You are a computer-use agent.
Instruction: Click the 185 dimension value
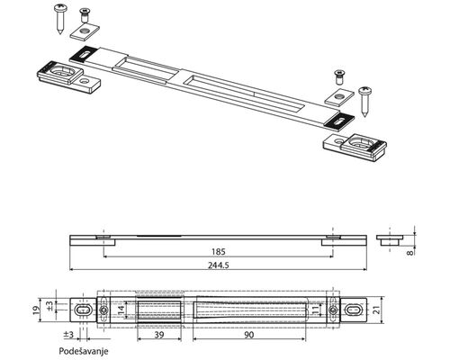(x=218, y=252)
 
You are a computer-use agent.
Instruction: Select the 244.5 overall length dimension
(x=218, y=265)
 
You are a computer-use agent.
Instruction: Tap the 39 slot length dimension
(x=159, y=335)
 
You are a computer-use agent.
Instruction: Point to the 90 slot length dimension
(x=249, y=335)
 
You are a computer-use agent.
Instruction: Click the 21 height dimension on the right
(x=377, y=310)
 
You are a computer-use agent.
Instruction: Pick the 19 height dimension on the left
(x=36, y=310)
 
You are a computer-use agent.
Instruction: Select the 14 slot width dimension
(x=121, y=310)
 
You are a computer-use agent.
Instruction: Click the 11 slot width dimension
(x=314, y=310)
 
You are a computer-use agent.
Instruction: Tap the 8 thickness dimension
(x=409, y=253)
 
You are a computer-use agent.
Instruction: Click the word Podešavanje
(x=84, y=351)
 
